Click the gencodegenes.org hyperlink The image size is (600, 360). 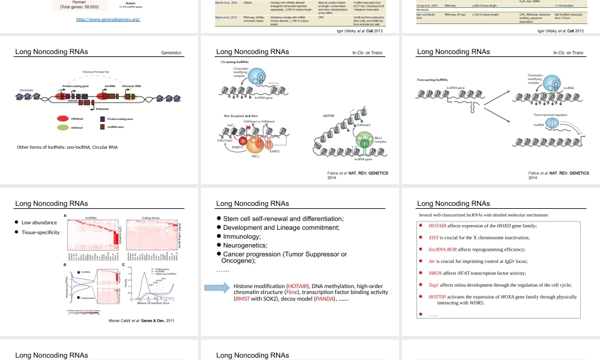click(109, 20)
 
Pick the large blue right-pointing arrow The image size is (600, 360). click(217, 287)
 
